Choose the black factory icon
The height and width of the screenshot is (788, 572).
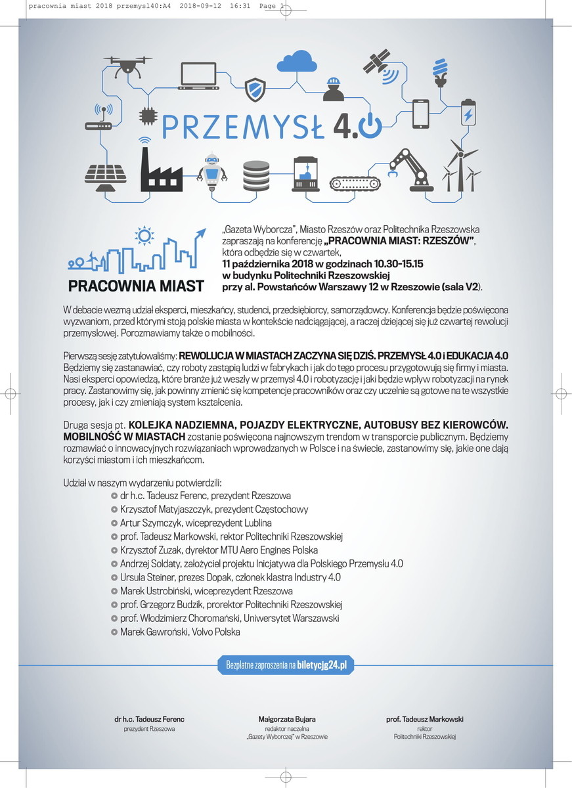pyautogui.click(x=162, y=169)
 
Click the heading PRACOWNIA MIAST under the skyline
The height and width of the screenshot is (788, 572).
pyautogui.click(x=136, y=286)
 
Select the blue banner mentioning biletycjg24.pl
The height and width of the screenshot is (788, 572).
pyautogui.click(x=286, y=665)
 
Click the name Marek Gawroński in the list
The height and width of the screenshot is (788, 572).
pyautogui.click(x=150, y=632)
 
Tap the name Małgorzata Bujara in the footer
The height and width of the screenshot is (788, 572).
pyautogui.click(x=286, y=720)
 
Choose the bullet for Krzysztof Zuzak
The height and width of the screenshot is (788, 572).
pyautogui.click(x=114, y=550)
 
